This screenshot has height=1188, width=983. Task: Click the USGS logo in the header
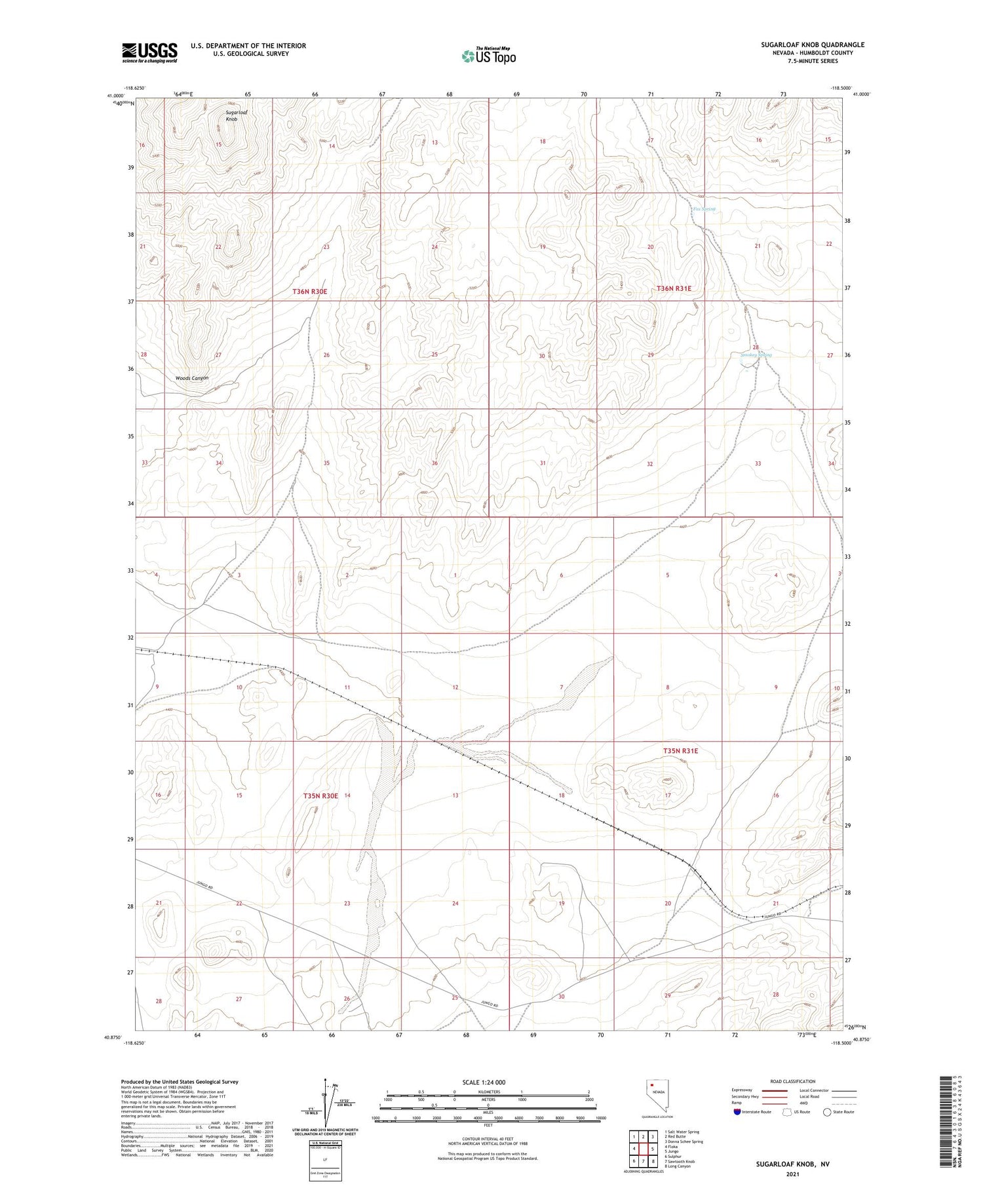149,52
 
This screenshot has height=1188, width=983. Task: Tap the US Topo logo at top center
489,56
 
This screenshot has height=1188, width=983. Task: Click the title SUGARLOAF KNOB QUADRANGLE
803,45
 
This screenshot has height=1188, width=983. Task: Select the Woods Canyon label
192,378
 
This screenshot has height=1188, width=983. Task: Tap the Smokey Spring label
756,355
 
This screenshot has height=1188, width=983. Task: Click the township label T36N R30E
309,291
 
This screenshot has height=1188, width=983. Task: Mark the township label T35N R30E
320,795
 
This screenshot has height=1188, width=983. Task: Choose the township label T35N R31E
680,751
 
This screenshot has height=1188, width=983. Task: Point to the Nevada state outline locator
658,1096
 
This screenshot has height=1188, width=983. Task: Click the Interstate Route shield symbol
737,1112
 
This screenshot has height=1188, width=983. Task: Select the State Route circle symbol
827,1112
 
